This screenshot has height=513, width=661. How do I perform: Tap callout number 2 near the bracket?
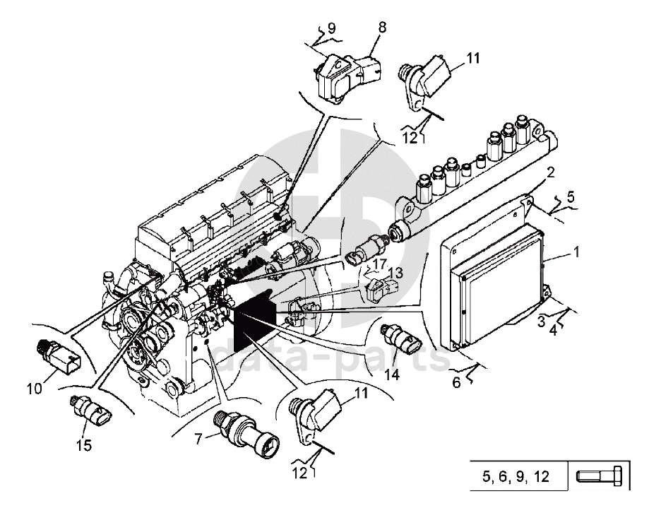pyautogui.click(x=550, y=172)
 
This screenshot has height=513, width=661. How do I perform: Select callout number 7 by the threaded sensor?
pyautogui.click(x=198, y=439)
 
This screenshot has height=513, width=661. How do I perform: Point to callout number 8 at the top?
pyautogui.click(x=382, y=28)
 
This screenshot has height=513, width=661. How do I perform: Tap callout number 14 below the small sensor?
pyautogui.click(x=392, y=375)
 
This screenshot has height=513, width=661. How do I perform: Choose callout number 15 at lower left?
pyautogui.click(x=85, y=445)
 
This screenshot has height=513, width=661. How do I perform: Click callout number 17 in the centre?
pyautogui.click(x=379, y=264)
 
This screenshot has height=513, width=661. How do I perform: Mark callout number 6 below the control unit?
pyautogui.click(x=456, y=382)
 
